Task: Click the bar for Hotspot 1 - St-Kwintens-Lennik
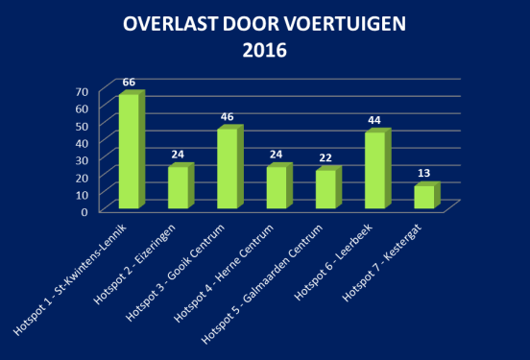[x=128, y=152]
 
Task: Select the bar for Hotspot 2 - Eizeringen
[x=178, y=187]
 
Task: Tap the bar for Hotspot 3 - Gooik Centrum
[x=227, y=168]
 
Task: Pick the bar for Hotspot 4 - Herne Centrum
[x=276, y=187]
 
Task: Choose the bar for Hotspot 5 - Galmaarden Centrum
[x=325, y=189]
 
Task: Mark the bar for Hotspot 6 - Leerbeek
[x=374, y=170]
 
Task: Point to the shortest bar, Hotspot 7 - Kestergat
[x=423, y=197]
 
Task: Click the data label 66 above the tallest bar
[x=129, y=83]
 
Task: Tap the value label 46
[x=228, y=117]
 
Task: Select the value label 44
[x=375, y=120]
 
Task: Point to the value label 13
[x=424, y=174]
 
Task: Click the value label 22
[x=326, y=157]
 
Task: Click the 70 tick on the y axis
[x=82, y=91]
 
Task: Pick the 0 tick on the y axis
[x=86, y=211]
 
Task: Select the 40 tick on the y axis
[x=82, y=142]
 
